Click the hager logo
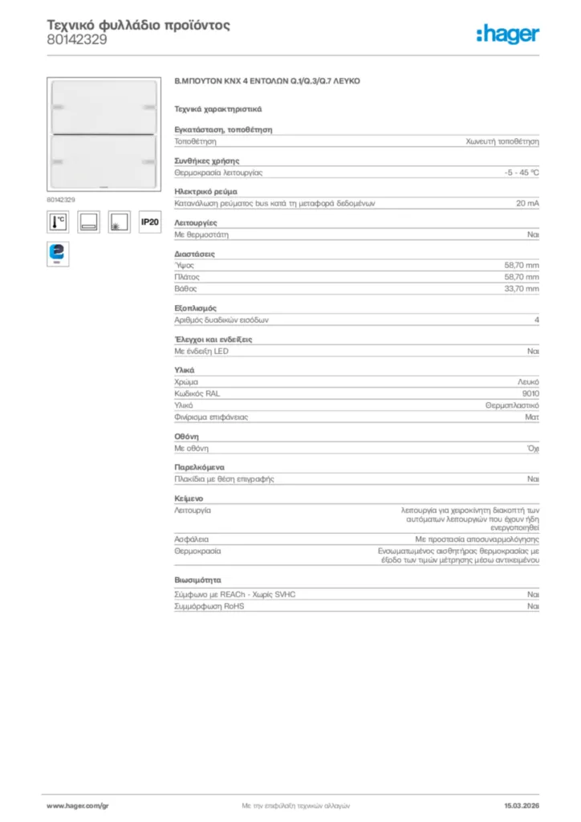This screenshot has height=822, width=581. (507, 34)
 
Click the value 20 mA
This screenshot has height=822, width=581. (527, 204)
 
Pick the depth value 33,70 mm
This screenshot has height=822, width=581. (522, 288)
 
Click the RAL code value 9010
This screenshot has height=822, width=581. (530, 394)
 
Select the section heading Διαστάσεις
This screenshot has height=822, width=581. (194, 254)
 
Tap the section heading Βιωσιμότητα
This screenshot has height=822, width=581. (197, 579)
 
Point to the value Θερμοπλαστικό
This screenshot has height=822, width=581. (512, 406)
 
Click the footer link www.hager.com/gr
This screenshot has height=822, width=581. (77, 804)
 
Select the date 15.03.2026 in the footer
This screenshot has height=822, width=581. (521, 804)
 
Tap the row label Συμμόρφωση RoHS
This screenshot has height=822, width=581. (209, 606)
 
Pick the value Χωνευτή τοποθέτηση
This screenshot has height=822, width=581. (503, 140)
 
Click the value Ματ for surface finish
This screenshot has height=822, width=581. (532, 417)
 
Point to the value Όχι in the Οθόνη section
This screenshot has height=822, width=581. (533, 448)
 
